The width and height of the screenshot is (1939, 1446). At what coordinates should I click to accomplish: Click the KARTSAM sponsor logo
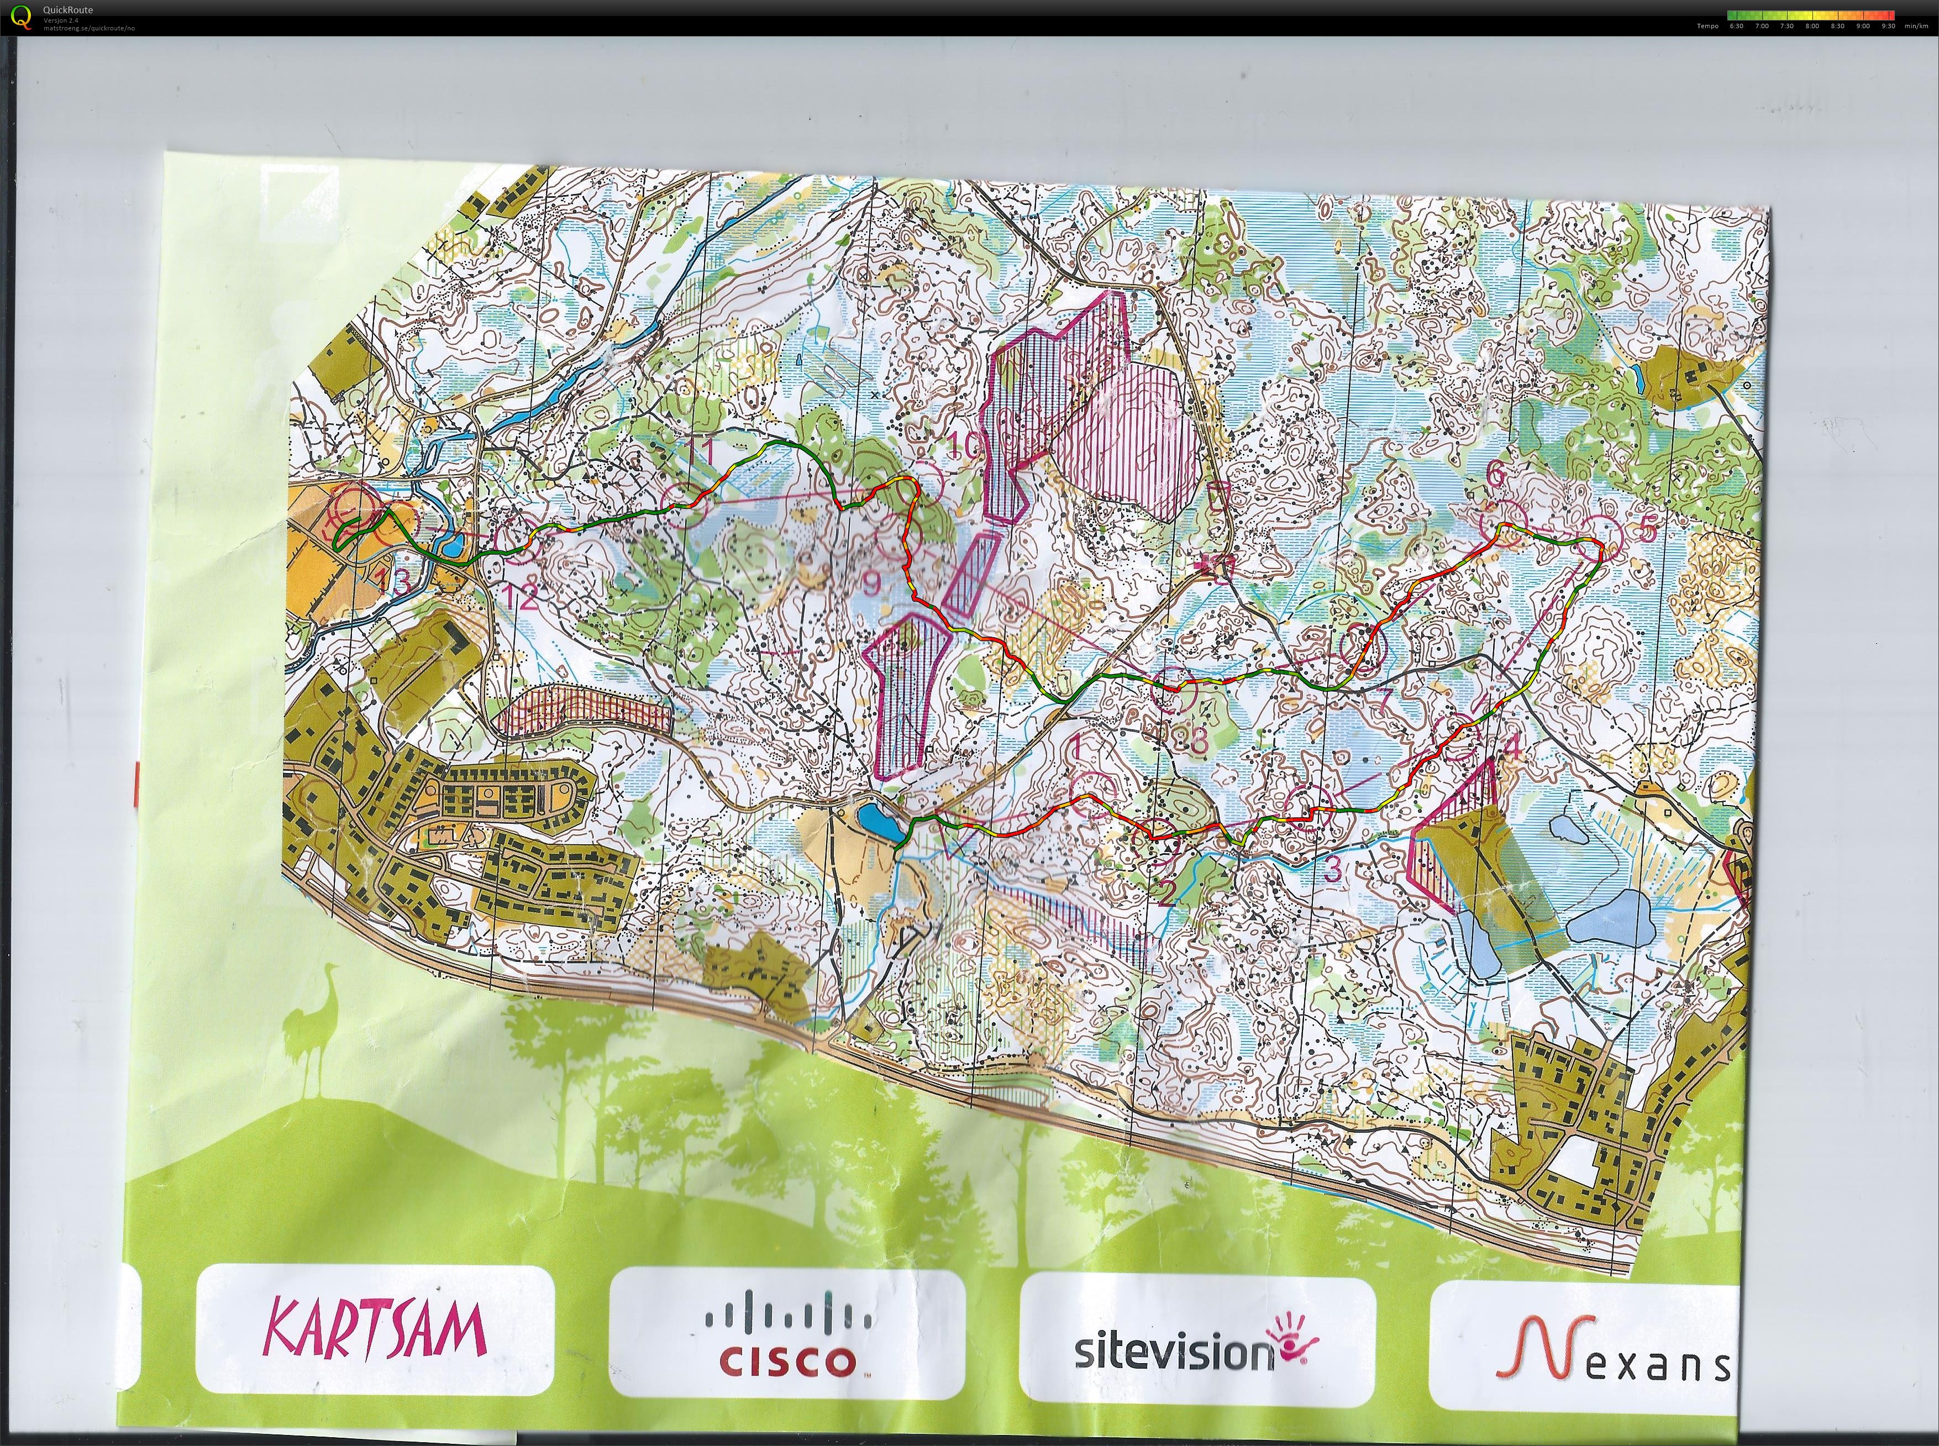tap(375, 1328)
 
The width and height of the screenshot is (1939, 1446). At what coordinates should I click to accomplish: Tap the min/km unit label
tap(1916, 27)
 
